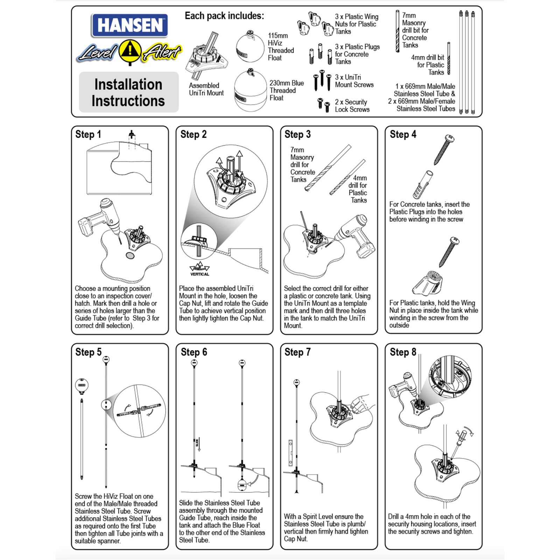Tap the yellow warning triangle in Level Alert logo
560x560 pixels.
[130, 51]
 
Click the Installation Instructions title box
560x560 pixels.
[128, 92]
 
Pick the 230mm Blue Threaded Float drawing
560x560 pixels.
[250, 91]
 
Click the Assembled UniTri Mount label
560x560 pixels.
[206, 89]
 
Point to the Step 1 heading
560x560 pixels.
[88, 134]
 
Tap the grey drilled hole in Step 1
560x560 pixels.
[130, 256]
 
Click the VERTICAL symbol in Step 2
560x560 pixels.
[199, 269]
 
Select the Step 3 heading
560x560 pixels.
[297, 134]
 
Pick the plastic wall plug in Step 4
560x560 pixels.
[422, 185]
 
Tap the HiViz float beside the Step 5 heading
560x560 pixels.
[82, 385]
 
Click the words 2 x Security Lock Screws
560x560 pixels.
[352, 106]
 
